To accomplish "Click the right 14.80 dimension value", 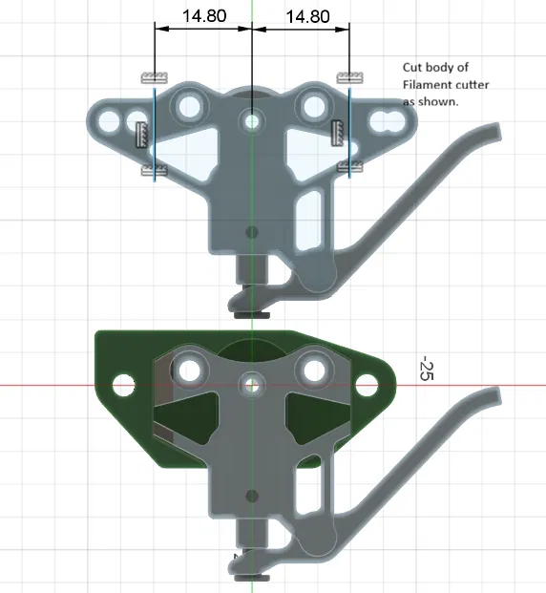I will pos(307,16).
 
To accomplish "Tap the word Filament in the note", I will pos(424,85).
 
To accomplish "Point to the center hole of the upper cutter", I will pos(252,121).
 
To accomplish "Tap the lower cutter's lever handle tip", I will pos(493,395).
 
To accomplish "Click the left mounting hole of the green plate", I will pos(121,385).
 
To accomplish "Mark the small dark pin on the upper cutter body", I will pos(252,231).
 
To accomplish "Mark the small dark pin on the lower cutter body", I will pos(252,495).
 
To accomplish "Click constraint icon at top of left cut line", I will pos(152,76).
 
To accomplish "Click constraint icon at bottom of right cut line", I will pos(350,168).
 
